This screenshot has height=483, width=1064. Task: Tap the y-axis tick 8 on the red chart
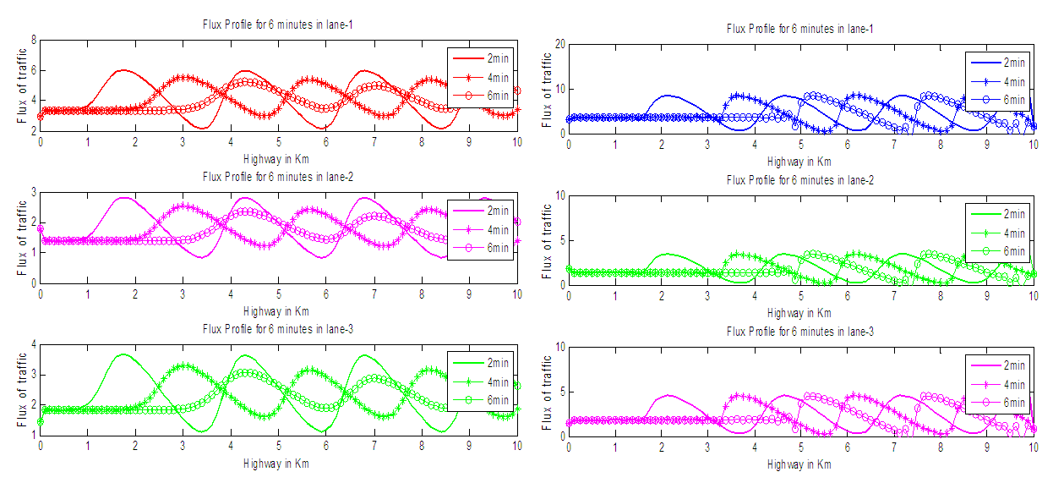(33, 40)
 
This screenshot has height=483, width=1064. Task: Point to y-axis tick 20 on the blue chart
(558, 44)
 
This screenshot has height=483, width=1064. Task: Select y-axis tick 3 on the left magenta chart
(33, 193)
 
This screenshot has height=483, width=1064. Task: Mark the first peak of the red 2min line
(123, 70)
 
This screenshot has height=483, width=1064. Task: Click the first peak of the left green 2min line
(123, 354)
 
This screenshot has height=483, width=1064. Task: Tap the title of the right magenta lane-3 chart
(799, 331)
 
